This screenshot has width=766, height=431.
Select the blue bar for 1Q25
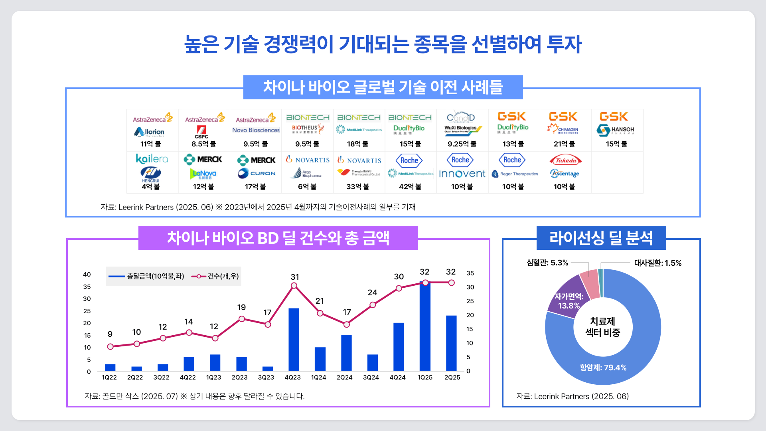pos(425,327)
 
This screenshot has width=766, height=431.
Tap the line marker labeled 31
pos(294,285)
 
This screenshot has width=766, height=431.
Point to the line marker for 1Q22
pos(110,346)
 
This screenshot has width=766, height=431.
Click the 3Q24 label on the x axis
pos(371,378)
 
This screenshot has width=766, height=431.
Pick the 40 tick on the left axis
pos(87,275)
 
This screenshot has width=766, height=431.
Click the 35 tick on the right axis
pos(470,273)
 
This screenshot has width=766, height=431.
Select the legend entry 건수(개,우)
pos(215,276)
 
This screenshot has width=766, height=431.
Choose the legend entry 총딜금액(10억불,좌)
pos(146,276)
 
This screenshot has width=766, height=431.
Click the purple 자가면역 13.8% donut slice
pos(565,297)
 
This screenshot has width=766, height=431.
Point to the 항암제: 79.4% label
pos(603,368)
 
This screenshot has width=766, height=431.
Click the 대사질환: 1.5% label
pos(658,263)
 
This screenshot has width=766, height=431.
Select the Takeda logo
pos(566,160)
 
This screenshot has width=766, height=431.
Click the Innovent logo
pos(462,174)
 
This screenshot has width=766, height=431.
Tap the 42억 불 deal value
pos(410,187)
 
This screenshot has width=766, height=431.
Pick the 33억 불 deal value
pos(358,187)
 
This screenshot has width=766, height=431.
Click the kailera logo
pos(152,159)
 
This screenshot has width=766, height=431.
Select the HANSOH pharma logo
pos(616,130)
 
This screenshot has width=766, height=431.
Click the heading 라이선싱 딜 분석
pos(601,238)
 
